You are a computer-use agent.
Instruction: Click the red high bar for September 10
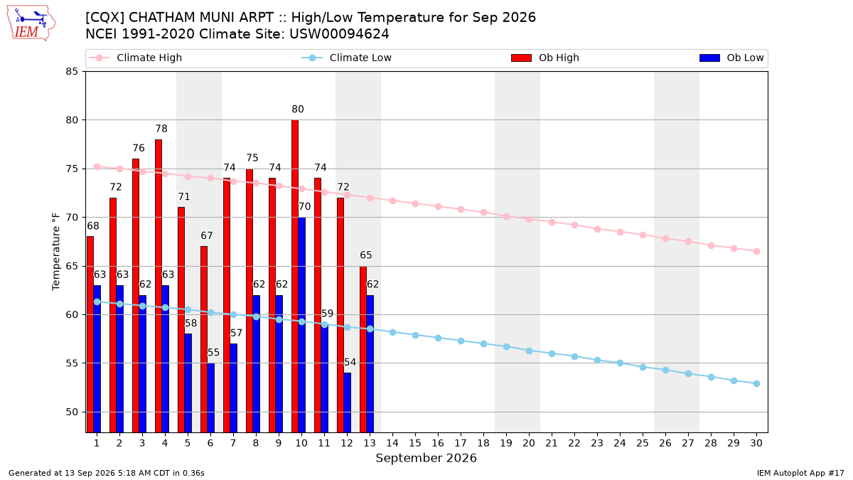[295, 276]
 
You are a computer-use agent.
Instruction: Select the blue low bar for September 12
[347, 402]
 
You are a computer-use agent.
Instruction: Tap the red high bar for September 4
[159, 286]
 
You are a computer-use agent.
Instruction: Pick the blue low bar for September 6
[210, 398]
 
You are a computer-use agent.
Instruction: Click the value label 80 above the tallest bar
[298, 110]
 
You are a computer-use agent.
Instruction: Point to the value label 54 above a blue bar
[350, 362]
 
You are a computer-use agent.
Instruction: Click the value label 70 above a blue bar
[304, 206]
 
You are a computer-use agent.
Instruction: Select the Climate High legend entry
[136, 58]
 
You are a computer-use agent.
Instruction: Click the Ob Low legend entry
[731, 58]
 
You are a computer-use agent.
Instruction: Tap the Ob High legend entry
[545, 58]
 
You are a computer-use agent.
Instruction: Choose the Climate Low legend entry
[347, 58]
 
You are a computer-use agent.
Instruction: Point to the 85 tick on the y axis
[72, 72]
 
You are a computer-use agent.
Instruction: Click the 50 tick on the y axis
[72, 412]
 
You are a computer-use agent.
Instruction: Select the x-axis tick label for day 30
[756, 443]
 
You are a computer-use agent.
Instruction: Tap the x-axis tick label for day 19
[506, 443]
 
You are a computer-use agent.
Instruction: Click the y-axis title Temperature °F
[56, 252]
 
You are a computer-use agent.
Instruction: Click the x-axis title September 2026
[426, 458]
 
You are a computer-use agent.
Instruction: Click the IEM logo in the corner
[31, 23]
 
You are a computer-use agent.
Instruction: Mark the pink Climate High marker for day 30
[756, 252]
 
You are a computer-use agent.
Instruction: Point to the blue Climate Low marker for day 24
[620, 363]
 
